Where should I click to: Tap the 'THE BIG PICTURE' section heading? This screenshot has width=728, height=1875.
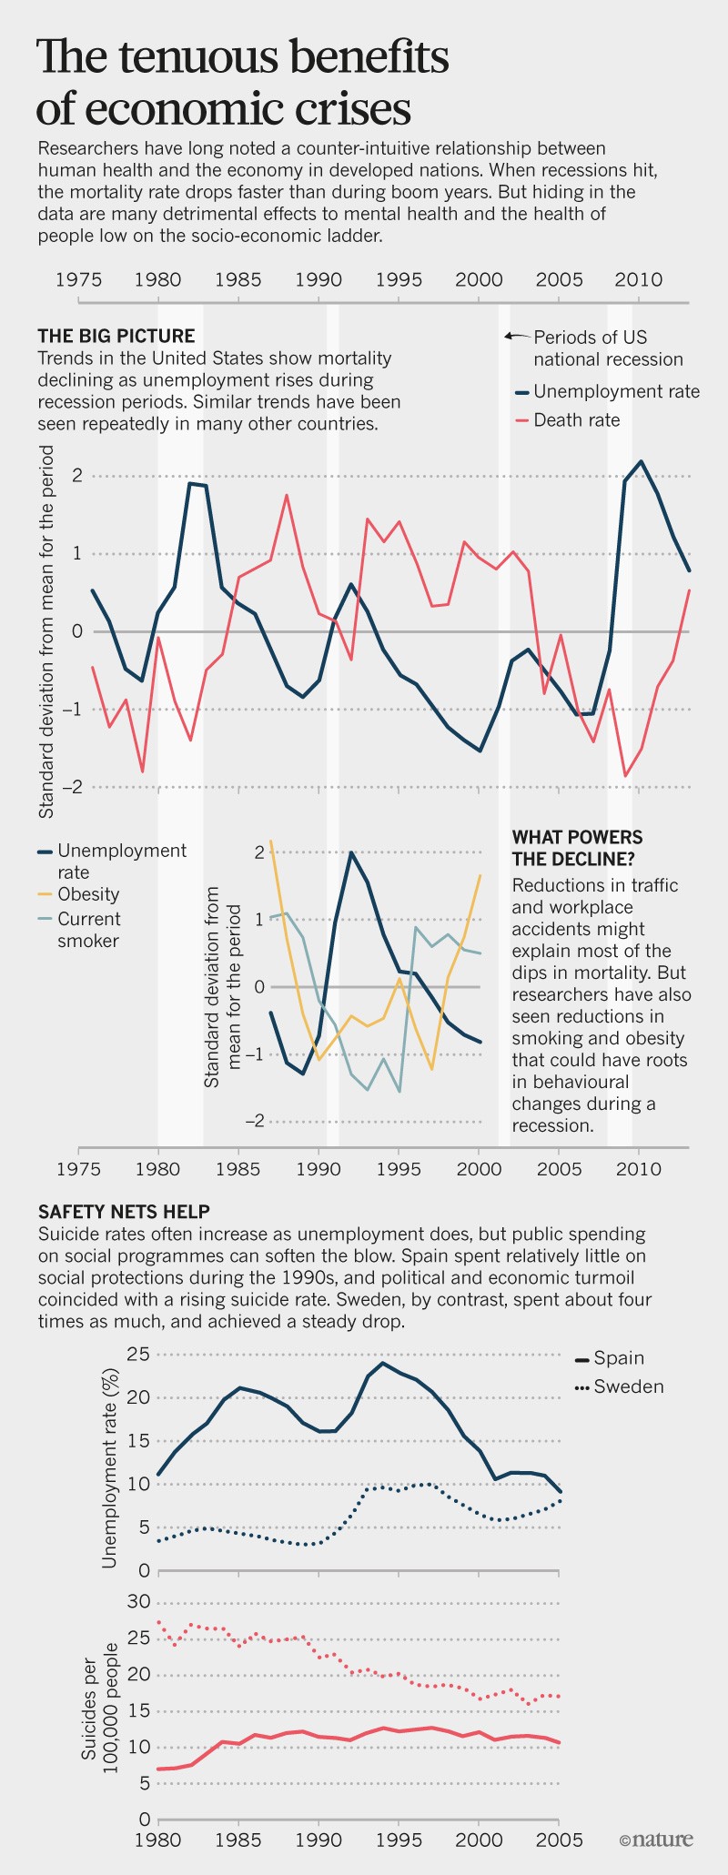[116, 337]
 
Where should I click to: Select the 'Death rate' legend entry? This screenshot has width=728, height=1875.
[576, 420]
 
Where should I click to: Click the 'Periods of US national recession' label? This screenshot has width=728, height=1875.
[607, 348]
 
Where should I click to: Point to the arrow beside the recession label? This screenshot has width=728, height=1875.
[517, 336]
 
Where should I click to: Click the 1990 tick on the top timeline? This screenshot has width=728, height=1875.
[318, 280]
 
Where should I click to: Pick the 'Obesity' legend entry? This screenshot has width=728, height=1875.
[88, 894]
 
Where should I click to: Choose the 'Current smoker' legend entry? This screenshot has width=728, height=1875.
[88, 930]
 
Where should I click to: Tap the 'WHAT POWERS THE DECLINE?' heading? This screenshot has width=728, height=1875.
[577, 848]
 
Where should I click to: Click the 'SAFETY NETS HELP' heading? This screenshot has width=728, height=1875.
[124, 1212]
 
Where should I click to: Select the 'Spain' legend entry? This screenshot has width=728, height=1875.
[619, 1357]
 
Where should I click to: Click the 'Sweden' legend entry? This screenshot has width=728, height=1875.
[628, 1386]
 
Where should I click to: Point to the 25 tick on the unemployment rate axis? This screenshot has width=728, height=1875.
[138, 1355]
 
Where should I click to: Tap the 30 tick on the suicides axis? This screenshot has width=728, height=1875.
[138, 1602]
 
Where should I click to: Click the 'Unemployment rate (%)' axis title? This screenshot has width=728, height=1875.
[110, 1467]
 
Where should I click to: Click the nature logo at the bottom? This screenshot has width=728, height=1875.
[656, 1840]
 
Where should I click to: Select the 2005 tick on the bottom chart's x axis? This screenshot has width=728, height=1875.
[557, 1840]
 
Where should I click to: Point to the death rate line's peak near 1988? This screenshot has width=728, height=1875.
[287, 495]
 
